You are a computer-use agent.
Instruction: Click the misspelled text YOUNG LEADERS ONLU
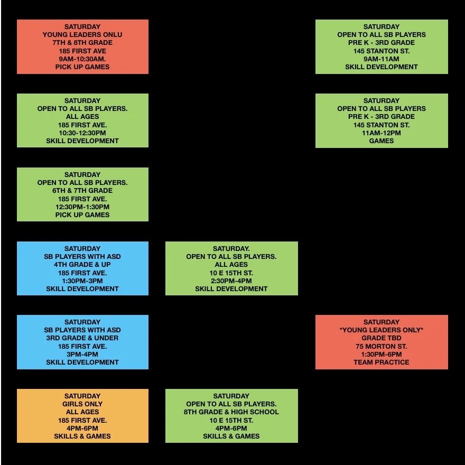pos(82,35)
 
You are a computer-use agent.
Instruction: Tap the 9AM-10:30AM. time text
pos(82,59)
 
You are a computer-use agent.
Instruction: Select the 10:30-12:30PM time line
pos(82,133)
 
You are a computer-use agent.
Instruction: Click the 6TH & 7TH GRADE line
pos(82,190)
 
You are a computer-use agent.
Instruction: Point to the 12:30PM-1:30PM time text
pos(82,207)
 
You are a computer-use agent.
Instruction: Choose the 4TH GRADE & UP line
pos(82,264)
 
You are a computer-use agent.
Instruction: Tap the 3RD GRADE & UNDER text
pos(82,338)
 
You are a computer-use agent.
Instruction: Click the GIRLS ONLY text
pos(82,404)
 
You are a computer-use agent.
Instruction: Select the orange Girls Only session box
pos(82,416)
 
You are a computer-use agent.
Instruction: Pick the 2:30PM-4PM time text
pos(231,281)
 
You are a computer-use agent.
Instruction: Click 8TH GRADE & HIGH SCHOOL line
pos(231,412)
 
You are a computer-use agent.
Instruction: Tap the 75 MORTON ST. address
pos(382,346)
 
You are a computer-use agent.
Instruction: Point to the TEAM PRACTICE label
pos(382,362)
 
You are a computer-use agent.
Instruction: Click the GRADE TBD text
pos(382,338)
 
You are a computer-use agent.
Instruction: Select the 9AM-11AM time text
pos(382,59)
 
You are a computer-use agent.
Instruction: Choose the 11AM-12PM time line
pos(382,133)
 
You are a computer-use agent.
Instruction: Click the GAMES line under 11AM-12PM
pos(382,141)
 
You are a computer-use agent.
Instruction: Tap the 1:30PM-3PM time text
pos(82,281)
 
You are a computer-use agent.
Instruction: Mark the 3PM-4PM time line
pos(82,354)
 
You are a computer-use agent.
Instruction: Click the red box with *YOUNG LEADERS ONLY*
pos(382,342)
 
